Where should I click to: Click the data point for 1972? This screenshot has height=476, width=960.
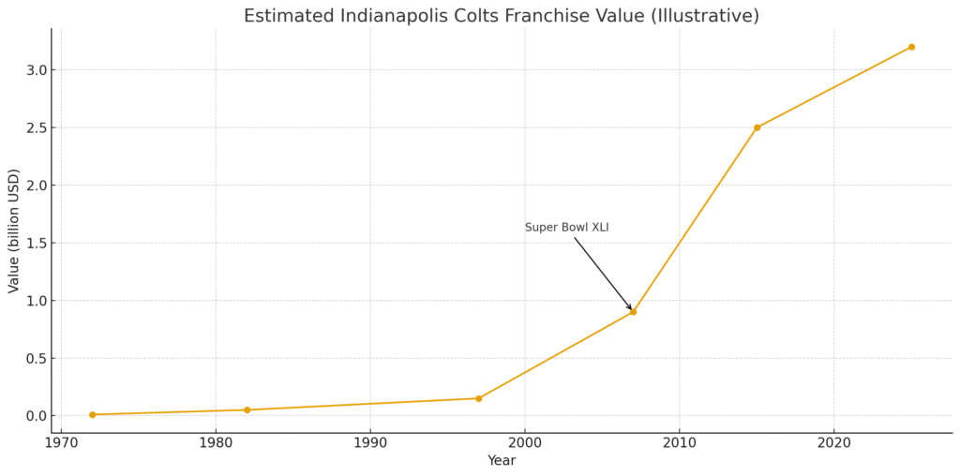coord(92,414)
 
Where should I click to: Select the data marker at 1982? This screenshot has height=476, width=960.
coord(247,409)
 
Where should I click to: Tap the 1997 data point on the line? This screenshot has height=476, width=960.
coord(478,398)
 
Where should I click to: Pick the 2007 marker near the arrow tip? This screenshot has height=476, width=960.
coord(633,311)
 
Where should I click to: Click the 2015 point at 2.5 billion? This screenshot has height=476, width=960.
coord(757,127)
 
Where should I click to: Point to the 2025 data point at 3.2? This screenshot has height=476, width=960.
coord(911,47)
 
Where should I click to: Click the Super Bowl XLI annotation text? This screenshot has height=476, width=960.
coord(566,228)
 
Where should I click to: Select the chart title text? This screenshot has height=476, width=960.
coord(501,16)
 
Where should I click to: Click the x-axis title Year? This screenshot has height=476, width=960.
coord(501,461)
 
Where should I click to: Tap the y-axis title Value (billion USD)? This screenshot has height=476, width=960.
coord(14,231)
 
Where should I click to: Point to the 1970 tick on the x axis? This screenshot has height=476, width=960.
coord(61,442)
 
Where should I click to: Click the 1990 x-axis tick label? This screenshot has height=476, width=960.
coord(370,442)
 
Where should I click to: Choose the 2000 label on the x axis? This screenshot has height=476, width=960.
coord(525,442)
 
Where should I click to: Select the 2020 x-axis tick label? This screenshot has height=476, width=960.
coord(833,442)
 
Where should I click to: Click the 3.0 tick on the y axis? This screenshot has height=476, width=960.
coord(37,70)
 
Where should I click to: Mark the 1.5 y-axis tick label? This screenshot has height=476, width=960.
coord(37,243)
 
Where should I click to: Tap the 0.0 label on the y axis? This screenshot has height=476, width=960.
coord(37,416)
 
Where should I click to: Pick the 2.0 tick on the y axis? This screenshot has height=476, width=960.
coord(37,186)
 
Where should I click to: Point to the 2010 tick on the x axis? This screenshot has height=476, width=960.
coord(679,442)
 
